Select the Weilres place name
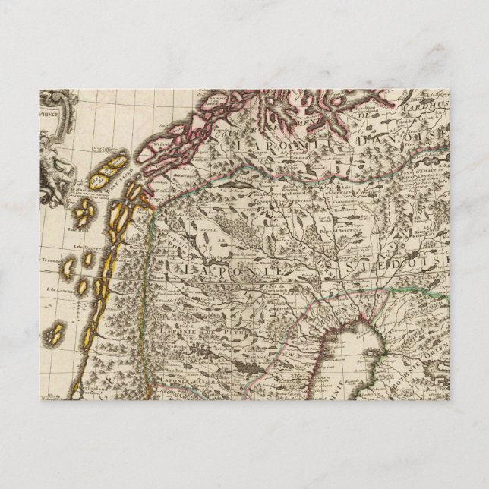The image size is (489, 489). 162,142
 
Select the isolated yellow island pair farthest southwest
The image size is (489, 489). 55,333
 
